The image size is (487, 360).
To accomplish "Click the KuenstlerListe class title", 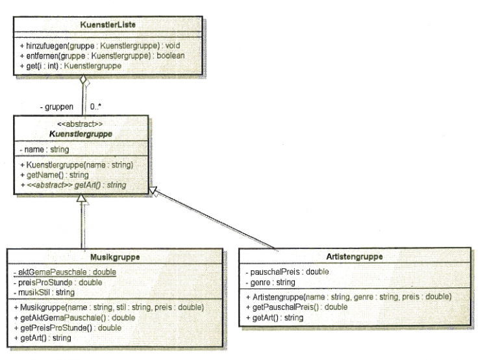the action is pyautogui.click(x=108, y=25).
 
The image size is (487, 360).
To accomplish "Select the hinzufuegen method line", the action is pyautogui.click(x=100, y=45).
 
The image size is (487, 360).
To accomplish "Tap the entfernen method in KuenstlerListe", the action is pyautogui.click(x=102, y=56).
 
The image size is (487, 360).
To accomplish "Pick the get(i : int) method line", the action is pyautogui.click(x=71, y=66).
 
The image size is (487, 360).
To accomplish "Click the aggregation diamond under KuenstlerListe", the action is pyautogui.click(x=83, y=80).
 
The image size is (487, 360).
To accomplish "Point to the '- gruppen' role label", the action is pyautogui.click(x=56, y=107).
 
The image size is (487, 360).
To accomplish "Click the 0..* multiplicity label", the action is pyautogui.click(x=95, y=107).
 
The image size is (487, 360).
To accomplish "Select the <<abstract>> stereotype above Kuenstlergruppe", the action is pyautogui.click(x=80, y=124).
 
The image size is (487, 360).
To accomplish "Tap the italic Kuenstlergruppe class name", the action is pyautogui.click(x=81, y=134).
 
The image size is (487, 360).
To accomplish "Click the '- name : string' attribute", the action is pyautogui.click(x=44, y=149).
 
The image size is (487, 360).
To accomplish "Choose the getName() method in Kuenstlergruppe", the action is pyautogui.click(x=55, y=175).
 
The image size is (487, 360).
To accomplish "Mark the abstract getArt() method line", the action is pyautogui.click(x=73, y=185).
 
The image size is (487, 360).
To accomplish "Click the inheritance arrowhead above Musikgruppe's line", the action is pyautogui.click(x=82, y=198).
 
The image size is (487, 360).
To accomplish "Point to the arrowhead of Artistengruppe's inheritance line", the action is pyautogui.click(x=153, y=191).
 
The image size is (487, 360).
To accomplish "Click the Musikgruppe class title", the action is pyautogui.click(x=115, y=257).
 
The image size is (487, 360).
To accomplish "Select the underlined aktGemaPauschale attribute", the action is pyautogui.click(x=64, y=272).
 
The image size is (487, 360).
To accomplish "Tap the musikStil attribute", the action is pyautogui.click(x=44, y=292).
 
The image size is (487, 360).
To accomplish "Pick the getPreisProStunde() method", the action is pyautogui.click(x=68, y=328).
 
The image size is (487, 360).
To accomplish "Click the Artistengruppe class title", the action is pyautogui.click(x=355, y=257).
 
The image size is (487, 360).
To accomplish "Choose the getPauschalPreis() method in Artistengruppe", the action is pyautogui.click(x=297, y=307).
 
